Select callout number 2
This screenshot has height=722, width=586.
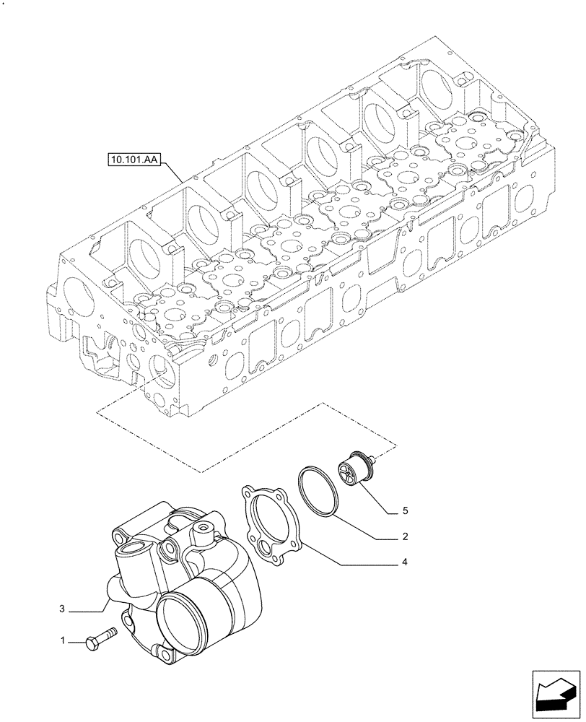[x=406, y=536]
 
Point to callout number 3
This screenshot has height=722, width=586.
[x=63, y=610]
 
